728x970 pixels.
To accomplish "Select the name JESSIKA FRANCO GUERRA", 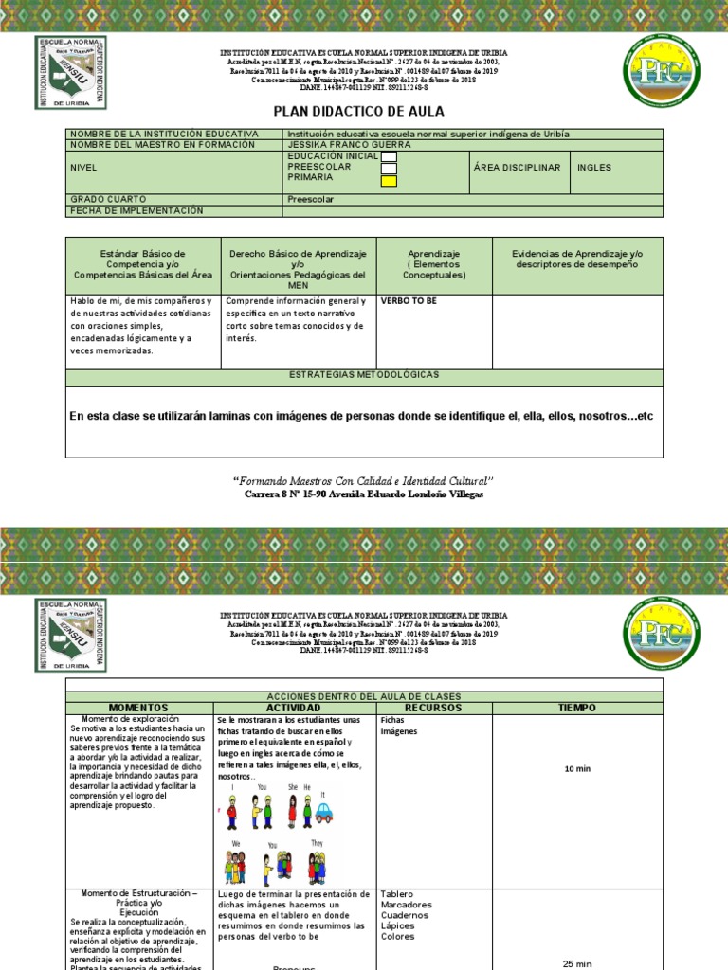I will tap(349, 145).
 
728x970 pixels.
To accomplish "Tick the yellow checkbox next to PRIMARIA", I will tap(389, 181).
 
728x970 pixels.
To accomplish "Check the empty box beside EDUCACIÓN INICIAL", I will tap(389, 156).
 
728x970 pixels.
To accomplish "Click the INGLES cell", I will tap(594, 168).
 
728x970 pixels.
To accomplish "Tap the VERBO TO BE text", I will tap(408, 300).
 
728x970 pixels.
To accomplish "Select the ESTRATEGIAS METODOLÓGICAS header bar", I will tap(364, 375).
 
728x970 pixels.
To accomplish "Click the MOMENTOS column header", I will tap(138, 708).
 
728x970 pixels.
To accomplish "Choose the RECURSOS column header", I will tap(433, 708).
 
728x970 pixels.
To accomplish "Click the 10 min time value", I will tap(577, 768).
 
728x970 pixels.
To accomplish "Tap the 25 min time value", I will tap(577, 963).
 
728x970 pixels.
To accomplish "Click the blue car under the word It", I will tap(323, 813).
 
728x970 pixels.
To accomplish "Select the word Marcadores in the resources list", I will tap(406, 905).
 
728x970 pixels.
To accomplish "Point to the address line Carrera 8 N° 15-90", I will tap(364, 494).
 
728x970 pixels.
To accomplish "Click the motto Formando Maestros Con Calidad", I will tap(364, 481).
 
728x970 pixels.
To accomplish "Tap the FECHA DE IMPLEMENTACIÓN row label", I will tap(136, 210).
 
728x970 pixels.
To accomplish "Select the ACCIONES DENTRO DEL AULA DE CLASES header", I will tap(364, 695).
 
